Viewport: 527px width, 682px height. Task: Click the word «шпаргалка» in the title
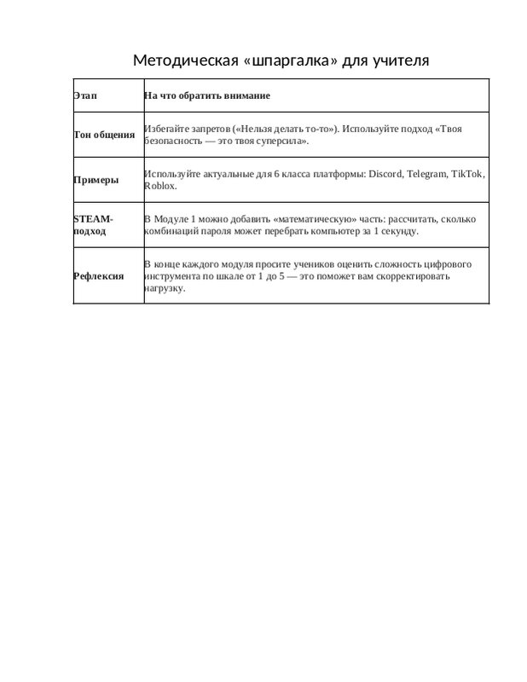click(x=281, y=61)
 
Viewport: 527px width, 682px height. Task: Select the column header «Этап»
click(x=85, y=95)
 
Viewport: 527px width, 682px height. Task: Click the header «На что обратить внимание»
click(x=207, y=95)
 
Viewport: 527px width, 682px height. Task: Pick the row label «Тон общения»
click(x=104, y=136)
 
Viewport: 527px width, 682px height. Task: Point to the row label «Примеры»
click(x=96, y=180)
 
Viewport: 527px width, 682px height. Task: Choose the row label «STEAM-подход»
click(x=94, y=225)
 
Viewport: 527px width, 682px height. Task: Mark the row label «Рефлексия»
click(x=99, y=276)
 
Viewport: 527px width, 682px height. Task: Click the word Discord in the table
click(x=385, y=174)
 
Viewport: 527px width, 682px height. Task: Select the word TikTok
click(x=467, y=174)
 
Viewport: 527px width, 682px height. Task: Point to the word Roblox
click(x=160, y=186)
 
